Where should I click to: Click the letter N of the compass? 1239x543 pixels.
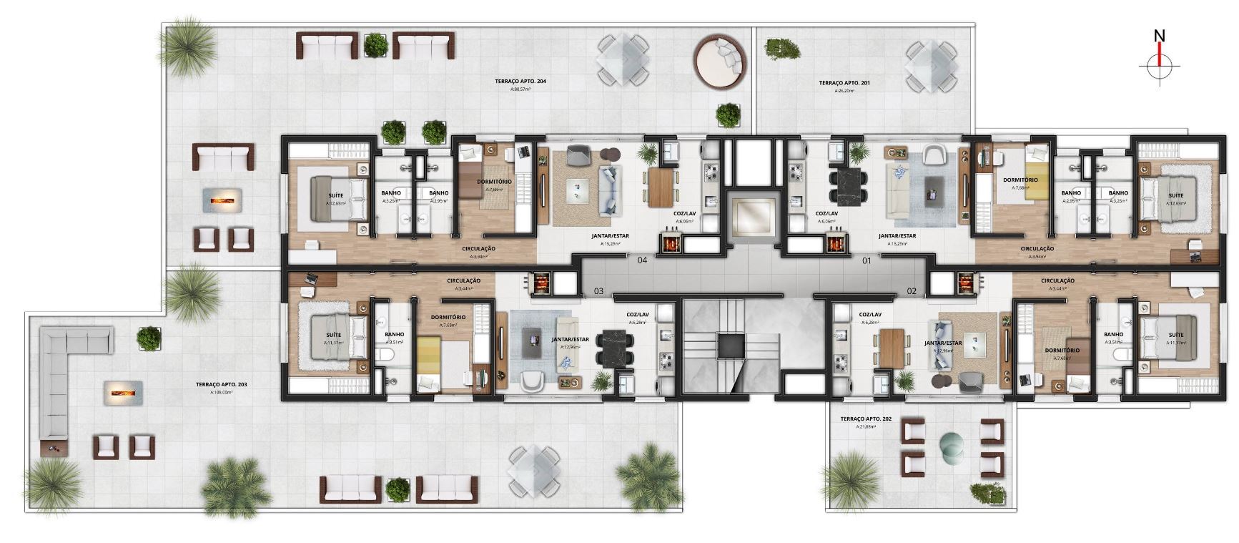tap(1160, 36)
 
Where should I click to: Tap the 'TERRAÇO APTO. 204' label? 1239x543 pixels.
tap(520, 82)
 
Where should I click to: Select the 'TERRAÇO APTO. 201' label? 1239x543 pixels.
tap(844, 83)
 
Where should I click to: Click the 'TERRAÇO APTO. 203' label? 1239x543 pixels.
tap(222, 384)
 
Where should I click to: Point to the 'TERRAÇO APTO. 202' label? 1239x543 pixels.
tap(866, 419)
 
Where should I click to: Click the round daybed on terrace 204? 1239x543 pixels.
tap(721, 61)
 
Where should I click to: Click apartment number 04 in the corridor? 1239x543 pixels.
tap(642, 260)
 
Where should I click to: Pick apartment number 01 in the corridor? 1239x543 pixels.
tap(867, 261)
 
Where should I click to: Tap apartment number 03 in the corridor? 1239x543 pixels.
tap(599, 291)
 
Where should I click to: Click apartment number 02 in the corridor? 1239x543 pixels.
tap(912, 291)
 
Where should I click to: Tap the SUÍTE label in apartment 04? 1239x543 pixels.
tap(335, 195)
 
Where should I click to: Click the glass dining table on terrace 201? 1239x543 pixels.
tap(931, 65)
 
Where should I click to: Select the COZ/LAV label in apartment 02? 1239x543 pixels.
tap(870, 314)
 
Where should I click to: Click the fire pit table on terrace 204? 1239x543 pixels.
tap(224, 200)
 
